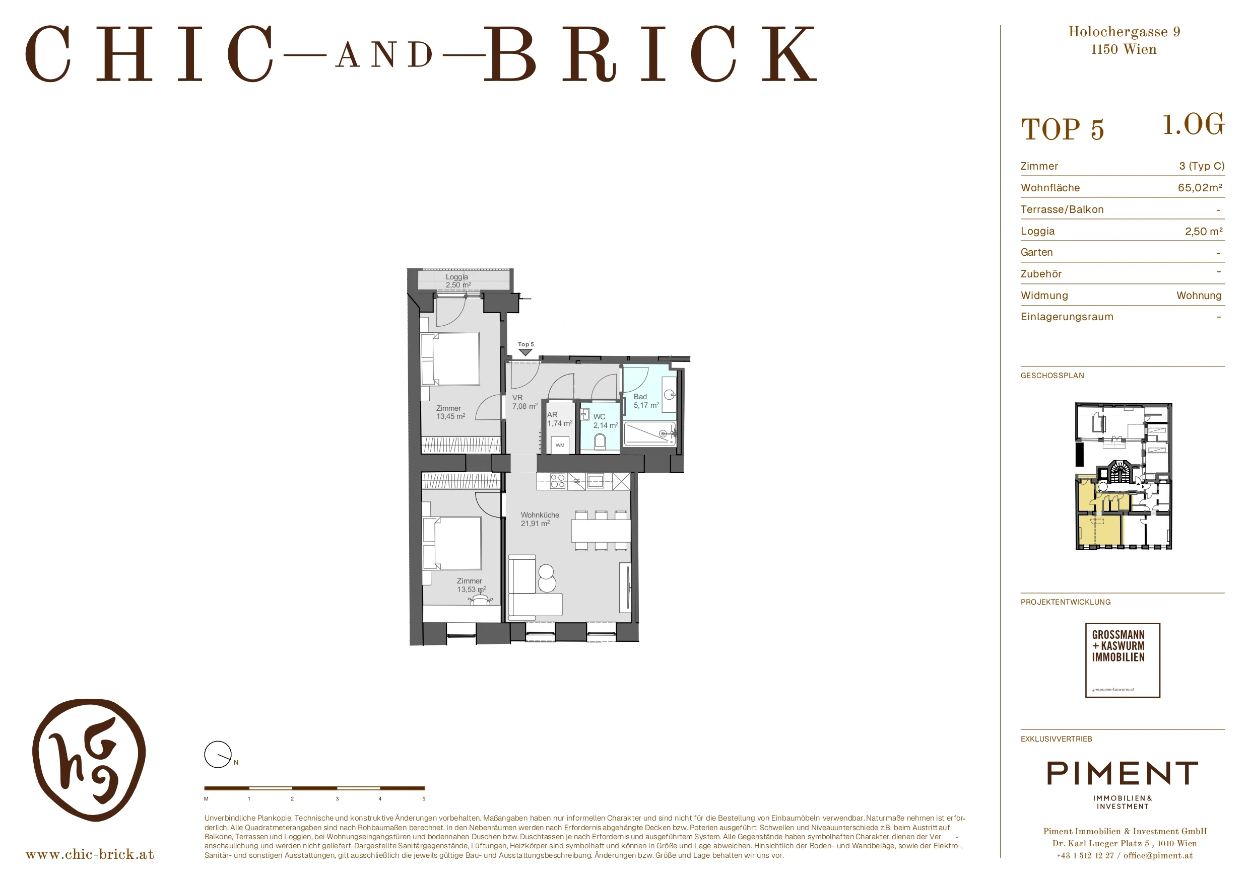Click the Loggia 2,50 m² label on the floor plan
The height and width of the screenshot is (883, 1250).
pyautogui.click(x=458, y=281)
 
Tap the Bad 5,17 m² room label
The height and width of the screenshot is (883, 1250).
pyautogui.click(x=646, y=401)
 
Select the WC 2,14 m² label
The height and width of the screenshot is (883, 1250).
pyautogui.click(x=606, y=421)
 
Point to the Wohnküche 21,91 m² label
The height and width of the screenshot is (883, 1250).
pyautogui.click(x=540, y=519)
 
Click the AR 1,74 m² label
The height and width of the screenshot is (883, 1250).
pyautogui.click(x=560, y=419)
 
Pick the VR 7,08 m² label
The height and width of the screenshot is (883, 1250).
pyautogui.click(x=525, y=402)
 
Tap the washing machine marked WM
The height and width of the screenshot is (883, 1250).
pyautogui.click(x=560, y=445)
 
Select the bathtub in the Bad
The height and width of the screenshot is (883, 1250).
pyautogui.click(x=650, y=433)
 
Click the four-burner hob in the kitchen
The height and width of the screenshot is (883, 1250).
pyautogui.click(x=558, y=481)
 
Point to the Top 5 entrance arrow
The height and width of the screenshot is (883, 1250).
pyautogui.click(x=525, y=352)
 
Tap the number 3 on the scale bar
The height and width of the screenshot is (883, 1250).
pyautogui.click(x=337, y=798)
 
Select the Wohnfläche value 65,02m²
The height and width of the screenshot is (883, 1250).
pyautogui.click(x=1200, y=188)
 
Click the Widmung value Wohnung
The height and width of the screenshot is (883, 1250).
pyautogui.click(x=1199, y=296)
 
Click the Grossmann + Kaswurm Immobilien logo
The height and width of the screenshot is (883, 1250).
pyautogui.click(x=1123, y=660)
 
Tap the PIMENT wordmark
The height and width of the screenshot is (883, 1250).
pyautogui.click(x=1122, y=773)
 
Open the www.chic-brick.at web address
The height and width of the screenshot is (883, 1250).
pyautogui.click(x=90, y=854)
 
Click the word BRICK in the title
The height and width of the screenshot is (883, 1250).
pyautogui.click(x=650, y=54)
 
